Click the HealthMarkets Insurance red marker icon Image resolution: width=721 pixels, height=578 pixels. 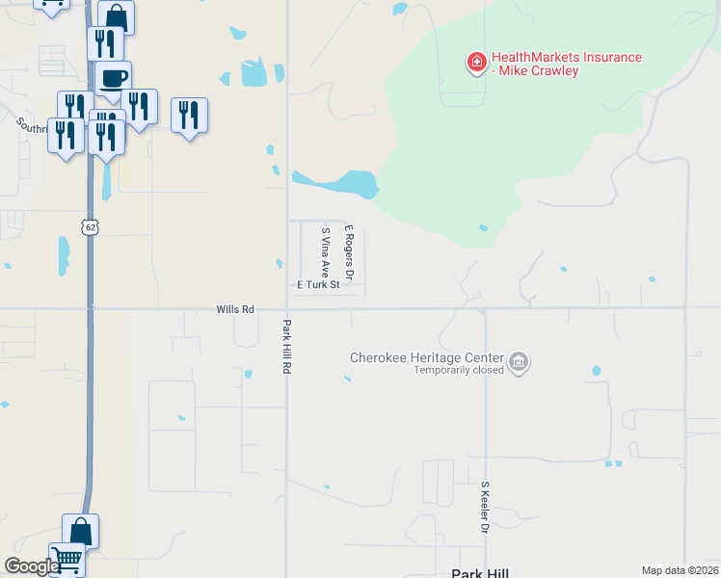[x=475, y=64]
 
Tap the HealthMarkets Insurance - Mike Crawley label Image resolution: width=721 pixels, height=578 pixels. [x=566, y=65]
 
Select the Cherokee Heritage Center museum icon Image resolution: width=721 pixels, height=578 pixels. [x=520, y=362]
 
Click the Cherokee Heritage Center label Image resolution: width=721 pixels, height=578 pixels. [x=427, y=356]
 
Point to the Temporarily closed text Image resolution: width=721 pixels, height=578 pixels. [x=459, y=370]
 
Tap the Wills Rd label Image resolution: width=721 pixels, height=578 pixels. [x=235, y=309]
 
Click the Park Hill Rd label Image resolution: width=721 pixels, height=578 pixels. [x=286, y=347]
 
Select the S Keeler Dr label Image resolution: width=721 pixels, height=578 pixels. [x=485, y=510]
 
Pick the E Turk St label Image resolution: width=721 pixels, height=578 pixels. [x=319, y=285]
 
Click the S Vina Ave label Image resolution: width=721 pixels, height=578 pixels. [x=326, y=251]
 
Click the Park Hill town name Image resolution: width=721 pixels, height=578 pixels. [x=479, y=572]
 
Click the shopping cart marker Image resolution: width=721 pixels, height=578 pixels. [x=67, y=558]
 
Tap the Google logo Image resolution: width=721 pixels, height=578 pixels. [x=31, y=566]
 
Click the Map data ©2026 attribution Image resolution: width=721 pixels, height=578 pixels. [x=680, y=570]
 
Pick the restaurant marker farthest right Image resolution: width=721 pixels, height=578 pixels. [x=189, y=116]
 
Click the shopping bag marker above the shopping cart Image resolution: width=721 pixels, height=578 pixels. [x=81, y=531]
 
